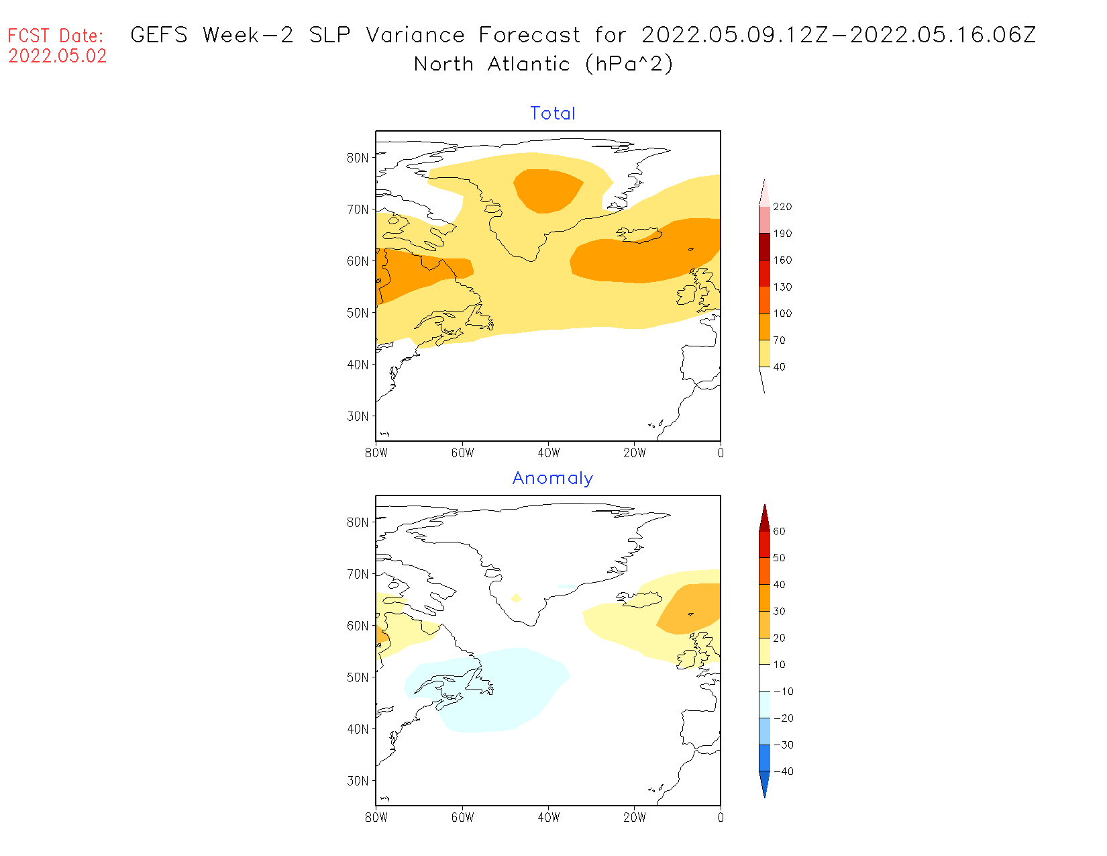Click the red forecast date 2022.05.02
58,56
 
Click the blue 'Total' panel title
553,113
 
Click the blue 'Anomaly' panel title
553,478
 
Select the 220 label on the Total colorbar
782,207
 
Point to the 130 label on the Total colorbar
782,287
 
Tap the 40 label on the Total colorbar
779,367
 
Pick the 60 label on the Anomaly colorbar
779,531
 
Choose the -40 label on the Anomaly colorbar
783,771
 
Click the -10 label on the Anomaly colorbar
783,692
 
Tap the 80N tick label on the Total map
358,158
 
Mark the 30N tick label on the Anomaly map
358,781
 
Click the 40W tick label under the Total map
549,453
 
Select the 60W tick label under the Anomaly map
462,818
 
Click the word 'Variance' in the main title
415,35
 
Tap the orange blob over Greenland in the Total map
547,190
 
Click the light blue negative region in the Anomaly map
496,692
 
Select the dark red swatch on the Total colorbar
765,246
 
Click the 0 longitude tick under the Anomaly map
721,818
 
